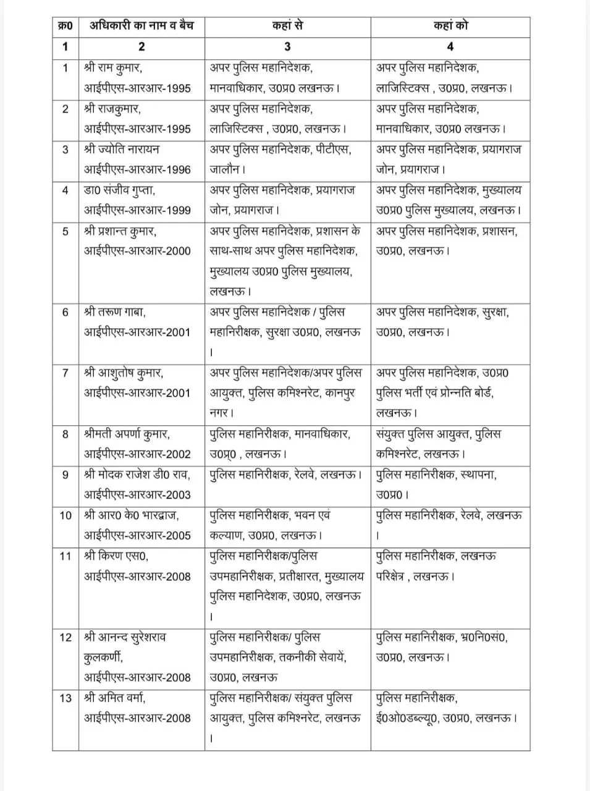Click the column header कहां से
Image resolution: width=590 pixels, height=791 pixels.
(x=287, y=26)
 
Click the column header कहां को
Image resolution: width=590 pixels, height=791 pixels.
(x=450, y=26)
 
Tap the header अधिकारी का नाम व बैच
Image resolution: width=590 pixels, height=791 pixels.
(x=141, y=26)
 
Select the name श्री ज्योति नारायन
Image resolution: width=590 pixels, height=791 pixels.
(x=122, y=149)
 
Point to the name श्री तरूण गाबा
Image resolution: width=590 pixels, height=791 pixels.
(x=115, y=312)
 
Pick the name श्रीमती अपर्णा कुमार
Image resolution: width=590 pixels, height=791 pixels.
(x=127, y=434)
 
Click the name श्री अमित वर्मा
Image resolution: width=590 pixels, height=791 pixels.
(x=116, y=698)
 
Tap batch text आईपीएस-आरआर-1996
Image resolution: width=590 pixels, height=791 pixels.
(x=137, y=169)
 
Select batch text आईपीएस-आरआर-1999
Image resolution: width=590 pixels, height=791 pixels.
(x=137, y=210)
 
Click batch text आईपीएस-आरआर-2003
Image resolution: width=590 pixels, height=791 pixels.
(x=137, y=494)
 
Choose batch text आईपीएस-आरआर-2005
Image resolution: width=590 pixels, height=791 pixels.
(x=137, y=535)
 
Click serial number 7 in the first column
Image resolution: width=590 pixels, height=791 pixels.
(x=65, y=373)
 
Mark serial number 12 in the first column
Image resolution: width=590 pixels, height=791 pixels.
(x=65, y=637)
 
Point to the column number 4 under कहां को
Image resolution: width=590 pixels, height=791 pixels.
(x=450, y=46)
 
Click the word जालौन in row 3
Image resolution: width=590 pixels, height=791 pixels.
(x=225, y=169)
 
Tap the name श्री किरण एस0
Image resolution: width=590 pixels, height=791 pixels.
(x=116, y=556)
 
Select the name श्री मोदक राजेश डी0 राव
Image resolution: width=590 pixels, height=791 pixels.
(x=137, y=475)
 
